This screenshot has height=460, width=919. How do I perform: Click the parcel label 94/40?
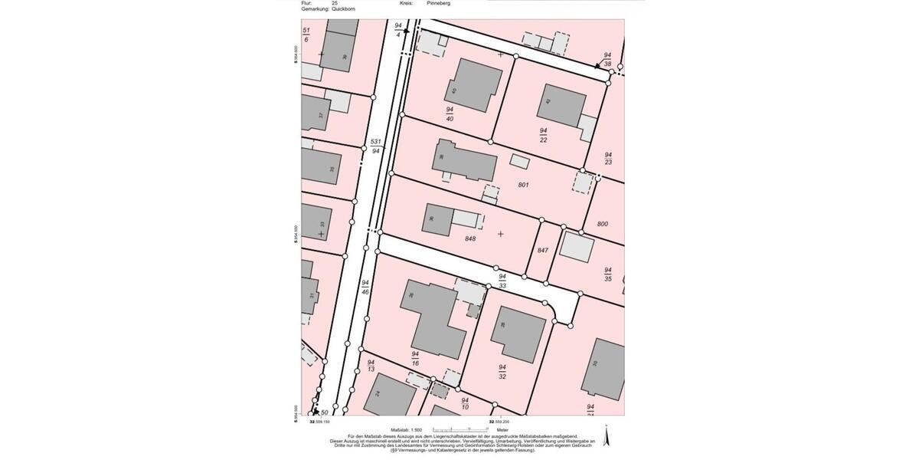point(450,114)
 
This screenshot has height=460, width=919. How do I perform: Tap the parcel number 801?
point(524,185)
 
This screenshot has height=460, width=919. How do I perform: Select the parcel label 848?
point(470,239)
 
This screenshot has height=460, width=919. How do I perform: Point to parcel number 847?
point(543,251)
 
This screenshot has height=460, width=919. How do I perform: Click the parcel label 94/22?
point(543,135)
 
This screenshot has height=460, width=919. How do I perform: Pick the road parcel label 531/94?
point(375,146)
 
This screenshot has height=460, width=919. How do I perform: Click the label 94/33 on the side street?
point(502,281)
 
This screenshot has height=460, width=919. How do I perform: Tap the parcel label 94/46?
point(366,287)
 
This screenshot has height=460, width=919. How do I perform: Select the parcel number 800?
point(602,223)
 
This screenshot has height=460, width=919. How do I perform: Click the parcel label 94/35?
point(608,274)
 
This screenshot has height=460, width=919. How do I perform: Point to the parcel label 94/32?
point(502,372)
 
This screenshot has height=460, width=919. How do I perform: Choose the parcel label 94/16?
point(415,358)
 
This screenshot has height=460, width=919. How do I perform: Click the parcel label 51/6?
point(306,34)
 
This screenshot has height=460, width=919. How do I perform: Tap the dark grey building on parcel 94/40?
point(473,84)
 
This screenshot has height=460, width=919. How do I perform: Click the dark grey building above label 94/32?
point(518,334)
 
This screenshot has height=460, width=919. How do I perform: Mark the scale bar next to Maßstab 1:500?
point(459,430)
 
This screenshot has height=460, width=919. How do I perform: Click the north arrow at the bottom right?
point(607,437)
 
